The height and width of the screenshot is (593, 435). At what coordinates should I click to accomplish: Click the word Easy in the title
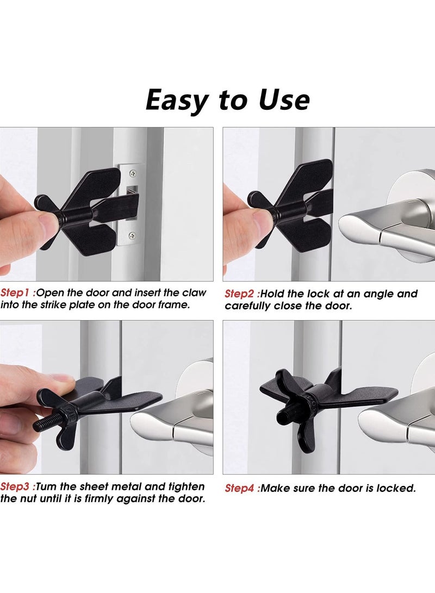(x=177, y=100)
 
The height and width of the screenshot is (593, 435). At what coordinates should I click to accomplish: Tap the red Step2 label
(x=240, y=294)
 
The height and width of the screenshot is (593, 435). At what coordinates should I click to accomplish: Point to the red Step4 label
(x=240, y=488)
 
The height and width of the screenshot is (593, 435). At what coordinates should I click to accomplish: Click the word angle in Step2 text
(x=380, y=294)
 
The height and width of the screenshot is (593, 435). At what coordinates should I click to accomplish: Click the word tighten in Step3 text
(x=185, y=486)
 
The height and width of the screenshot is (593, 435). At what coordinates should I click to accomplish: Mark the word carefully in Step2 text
(x=248, y=306)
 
